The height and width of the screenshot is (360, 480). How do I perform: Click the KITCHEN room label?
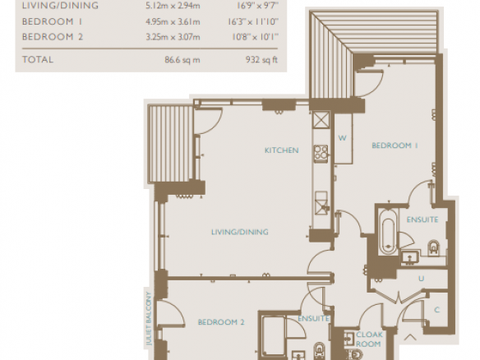pyautogui.click(x=281, y=150)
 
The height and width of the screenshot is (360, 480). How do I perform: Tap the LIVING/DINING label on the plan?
pyautogui.click(x=240, y=232)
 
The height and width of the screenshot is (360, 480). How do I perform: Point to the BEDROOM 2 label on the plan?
pyautogui.click(x=221, y=322)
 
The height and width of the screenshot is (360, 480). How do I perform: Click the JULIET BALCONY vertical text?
pyautogui.click(x=149, y=319)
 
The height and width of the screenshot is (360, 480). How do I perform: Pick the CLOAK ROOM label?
pyautogui.click(x=369, y=339)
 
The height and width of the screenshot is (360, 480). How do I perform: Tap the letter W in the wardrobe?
pyautogui.click(x=342, y=138)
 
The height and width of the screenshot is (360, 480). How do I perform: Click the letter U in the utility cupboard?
pyautogui.click(x=421, y=279)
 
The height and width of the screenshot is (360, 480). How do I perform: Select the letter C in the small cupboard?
pyautogui.click(x=436, y=310)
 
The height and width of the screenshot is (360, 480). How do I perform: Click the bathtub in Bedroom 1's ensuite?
pyautogui.click(x=388, y=232)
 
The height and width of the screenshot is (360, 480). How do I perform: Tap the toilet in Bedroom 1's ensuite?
pyautogui.click(x=433, y=247)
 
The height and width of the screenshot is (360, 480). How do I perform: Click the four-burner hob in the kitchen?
pyautogui.click(x=321, y=152)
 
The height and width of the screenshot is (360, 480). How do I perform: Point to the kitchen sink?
pyautogui.click(x=321, y=203)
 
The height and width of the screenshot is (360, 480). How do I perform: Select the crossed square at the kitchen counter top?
pyautogui.click(x=321, y=120)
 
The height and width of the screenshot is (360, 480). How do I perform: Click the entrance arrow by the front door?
pyautogui.click(x=410, y=337)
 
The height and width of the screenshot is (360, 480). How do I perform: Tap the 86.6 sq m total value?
pyautogui.click(x=182, y=59)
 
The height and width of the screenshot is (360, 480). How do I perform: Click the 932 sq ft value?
pyautogui.click(x=261, y=59)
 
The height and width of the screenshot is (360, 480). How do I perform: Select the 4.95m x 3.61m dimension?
pyautogui.click(x=173, y=21)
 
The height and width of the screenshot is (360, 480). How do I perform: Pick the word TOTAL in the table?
pyautogui.click(x=38, y=59)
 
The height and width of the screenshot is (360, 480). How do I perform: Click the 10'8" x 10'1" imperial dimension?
pyautogui.click(x=255, y=37)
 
